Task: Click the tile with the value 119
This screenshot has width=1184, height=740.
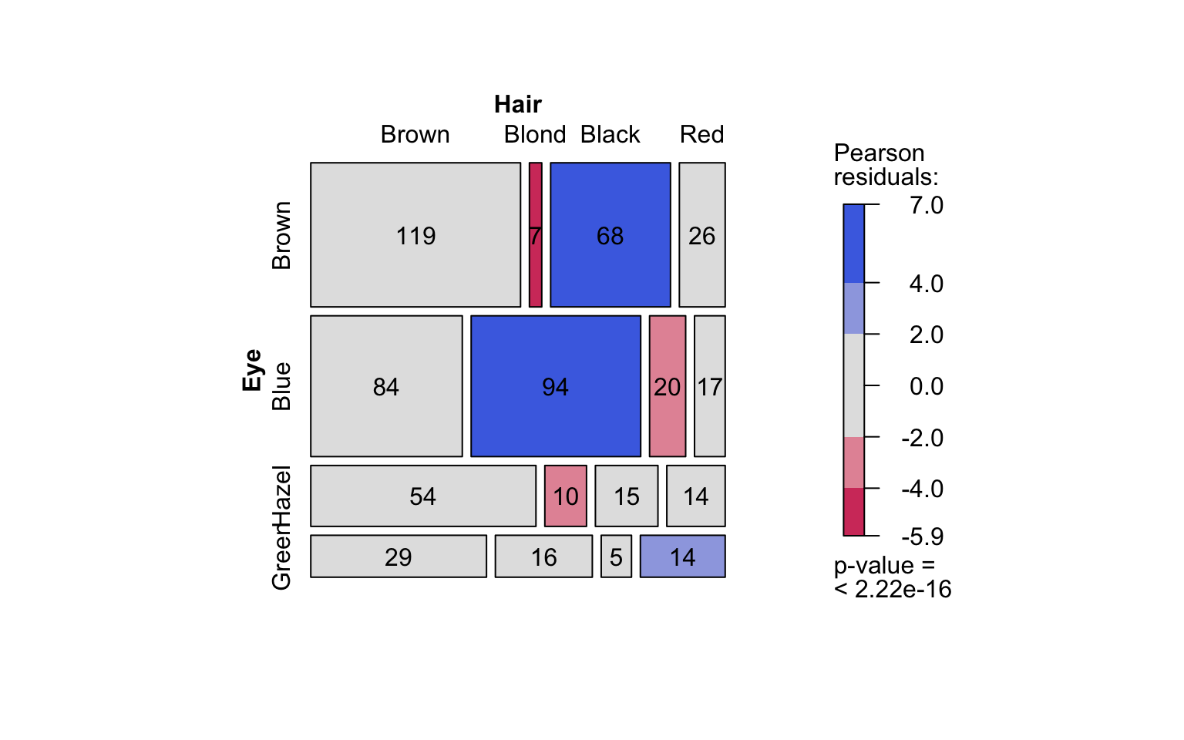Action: (x=415, y=235)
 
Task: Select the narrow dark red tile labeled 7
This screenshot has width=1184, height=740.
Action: (x=535, y=235)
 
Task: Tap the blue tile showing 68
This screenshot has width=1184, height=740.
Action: (x=610, y=235)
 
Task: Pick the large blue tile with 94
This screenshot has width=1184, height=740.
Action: (x=555, y=386)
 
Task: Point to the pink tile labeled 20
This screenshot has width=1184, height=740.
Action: (x=667, y=386)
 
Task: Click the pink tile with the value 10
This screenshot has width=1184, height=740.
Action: (x=565, y=496)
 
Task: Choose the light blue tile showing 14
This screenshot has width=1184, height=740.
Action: (x=682, y=557)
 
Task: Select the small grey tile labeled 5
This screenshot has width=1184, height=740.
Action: (x=616, y=557)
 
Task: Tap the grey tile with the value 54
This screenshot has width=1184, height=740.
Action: (x=422, y=496)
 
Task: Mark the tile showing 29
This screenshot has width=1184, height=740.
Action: (x=398, y=557)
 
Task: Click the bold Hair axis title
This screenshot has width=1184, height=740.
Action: (x=517, y=104)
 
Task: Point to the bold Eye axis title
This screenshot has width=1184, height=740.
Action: (x=252, y=370)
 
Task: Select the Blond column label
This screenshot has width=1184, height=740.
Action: (x=535, y=134)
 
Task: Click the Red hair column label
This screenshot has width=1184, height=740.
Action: (x=701, y=134)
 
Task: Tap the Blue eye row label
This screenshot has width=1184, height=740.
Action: (x=281, y=386)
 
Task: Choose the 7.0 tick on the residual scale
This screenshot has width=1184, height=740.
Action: (x=926, y=205)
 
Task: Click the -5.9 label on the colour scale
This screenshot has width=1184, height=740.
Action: (x=922, y=536)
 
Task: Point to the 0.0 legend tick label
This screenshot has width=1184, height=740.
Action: (x=926, y=385)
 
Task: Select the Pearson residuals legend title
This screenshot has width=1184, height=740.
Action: (x=886, y=165)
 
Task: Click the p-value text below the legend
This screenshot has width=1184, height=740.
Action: (x=892, y=577)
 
